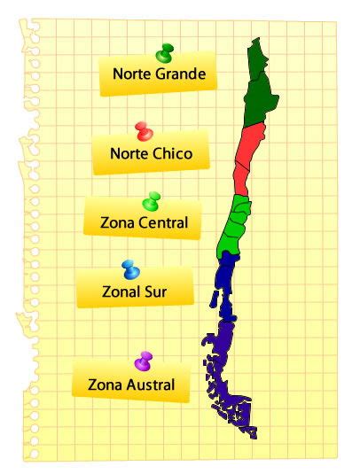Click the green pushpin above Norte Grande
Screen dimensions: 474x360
coord(164,55)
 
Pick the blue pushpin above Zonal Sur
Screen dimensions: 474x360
coord(129,269)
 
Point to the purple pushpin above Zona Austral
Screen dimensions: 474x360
coord(144,361)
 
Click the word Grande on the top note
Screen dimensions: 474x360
coord(184,74)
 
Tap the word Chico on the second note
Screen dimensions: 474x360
coord(171,153)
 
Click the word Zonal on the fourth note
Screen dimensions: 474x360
coord(107,291)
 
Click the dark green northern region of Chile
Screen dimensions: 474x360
coord(258,89)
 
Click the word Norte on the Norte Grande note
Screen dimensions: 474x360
coord(131,74)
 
